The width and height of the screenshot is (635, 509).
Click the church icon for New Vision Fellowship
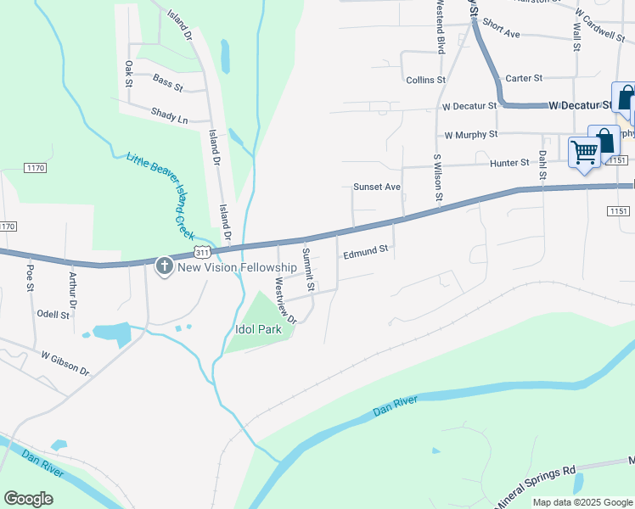point(165,267)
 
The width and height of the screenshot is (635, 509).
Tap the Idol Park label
point(258,329)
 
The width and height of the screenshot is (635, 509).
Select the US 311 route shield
point(201,252)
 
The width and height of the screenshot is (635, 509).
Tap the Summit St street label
point(309,269)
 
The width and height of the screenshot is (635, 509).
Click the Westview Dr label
point(283,301)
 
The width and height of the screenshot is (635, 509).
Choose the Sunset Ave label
point(376,187)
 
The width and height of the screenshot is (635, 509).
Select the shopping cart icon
point(584,153)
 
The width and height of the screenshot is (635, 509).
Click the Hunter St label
point(509,162)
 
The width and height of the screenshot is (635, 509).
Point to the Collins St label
point(425,80)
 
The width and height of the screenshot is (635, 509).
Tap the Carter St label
point(524,78)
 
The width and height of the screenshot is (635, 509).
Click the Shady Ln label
point(169,115)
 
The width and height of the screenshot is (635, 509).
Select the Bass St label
point(168,81)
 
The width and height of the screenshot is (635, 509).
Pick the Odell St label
point(53,315)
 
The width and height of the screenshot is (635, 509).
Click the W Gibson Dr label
point(65,361)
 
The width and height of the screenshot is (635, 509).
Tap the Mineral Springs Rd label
point(535,485)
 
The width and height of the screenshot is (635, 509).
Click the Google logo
point(29,499)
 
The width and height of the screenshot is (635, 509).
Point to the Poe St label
point(30,277)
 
